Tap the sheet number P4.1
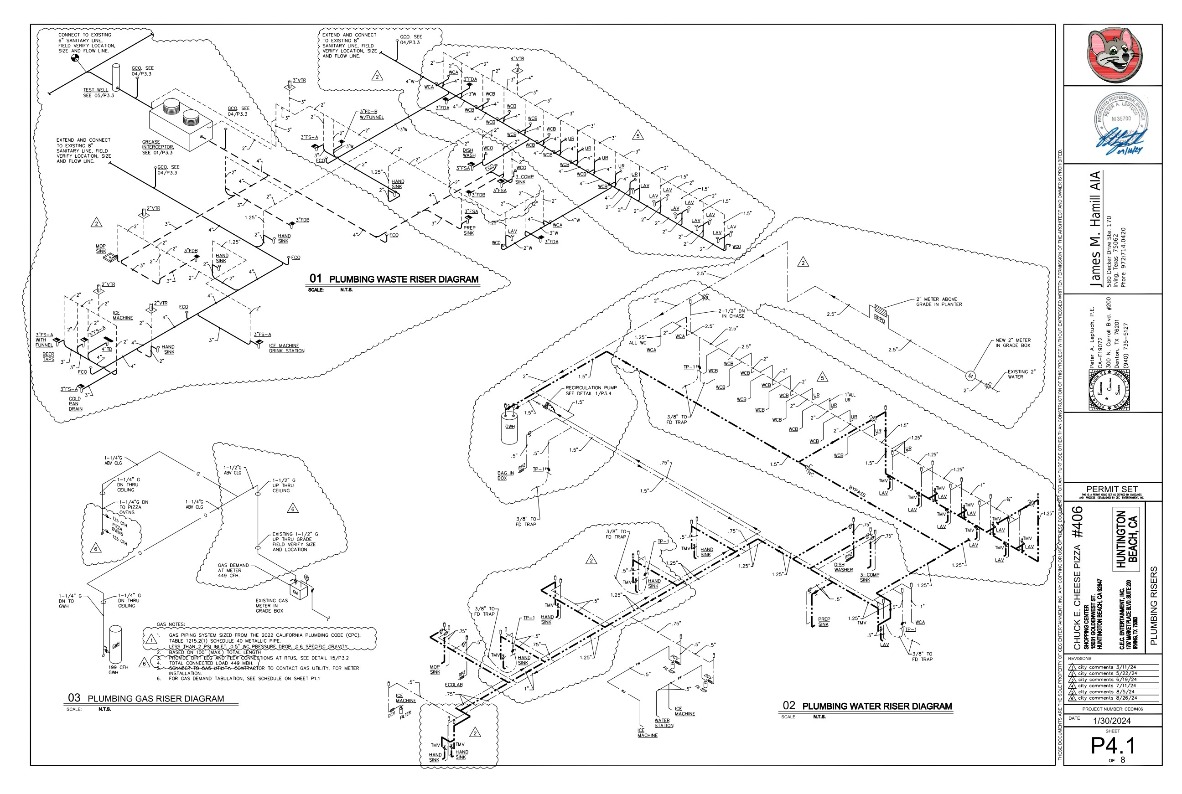[x=1113, y=745]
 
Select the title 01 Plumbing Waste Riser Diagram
[x=394, y=279]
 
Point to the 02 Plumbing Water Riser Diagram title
[x=867, y=706]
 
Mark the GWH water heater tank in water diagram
[x=509, y=428]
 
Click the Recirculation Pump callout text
[x=591, y=391]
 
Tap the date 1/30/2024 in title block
[x=1113, y=721]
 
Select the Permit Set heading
[x=1112, y=489]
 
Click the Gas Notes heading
[x=171, y=624]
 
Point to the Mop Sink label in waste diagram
[x=101, y=248]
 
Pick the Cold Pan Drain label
[x=76, y=403]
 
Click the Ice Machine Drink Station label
[x=287, y=348]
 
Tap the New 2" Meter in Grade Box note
[x=1012, y=343]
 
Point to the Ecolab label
[x=453, y=685]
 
